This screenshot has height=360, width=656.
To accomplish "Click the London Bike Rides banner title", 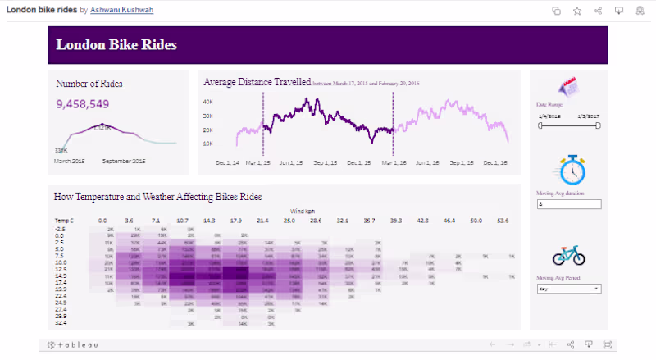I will [116, 45].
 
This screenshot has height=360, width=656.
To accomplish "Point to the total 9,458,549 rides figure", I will [83, 104].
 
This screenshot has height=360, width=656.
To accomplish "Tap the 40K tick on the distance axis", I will [208, 102].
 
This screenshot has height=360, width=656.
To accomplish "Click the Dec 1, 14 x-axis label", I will [227, 163].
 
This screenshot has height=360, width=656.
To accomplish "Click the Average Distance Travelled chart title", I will [257, 82].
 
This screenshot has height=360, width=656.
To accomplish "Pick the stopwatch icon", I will [570, 170].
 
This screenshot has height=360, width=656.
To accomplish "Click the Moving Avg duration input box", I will [569, 203].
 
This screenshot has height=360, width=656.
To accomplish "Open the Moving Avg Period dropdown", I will [569, 289].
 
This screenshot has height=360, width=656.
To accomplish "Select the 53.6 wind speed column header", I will [503, 221].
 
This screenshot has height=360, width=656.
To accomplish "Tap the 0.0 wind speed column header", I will [102, 221].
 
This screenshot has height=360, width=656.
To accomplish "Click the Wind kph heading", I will [303, 210].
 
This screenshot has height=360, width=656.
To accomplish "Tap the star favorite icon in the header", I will [577, 11].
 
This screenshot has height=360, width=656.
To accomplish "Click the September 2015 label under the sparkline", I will [124, 161].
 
